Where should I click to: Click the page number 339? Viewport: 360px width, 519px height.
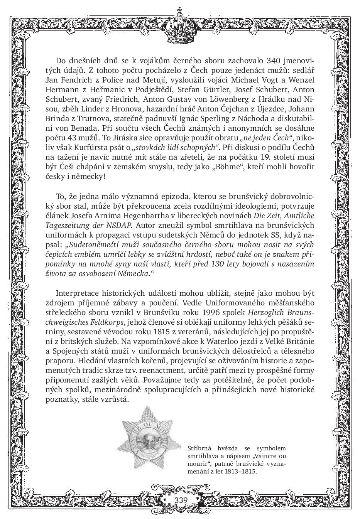click(181, 500)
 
